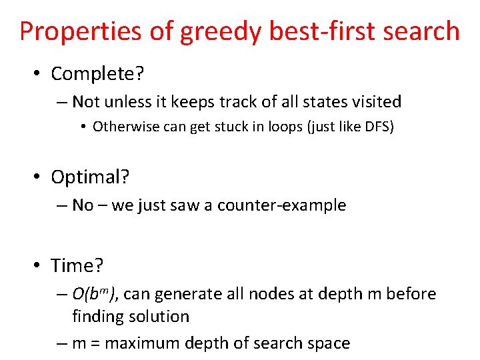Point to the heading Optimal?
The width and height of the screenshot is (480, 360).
point(91,177)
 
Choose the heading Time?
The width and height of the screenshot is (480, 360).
point(77,266)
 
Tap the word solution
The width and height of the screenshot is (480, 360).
point(160,316)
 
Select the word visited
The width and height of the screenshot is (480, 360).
point(377,102)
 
